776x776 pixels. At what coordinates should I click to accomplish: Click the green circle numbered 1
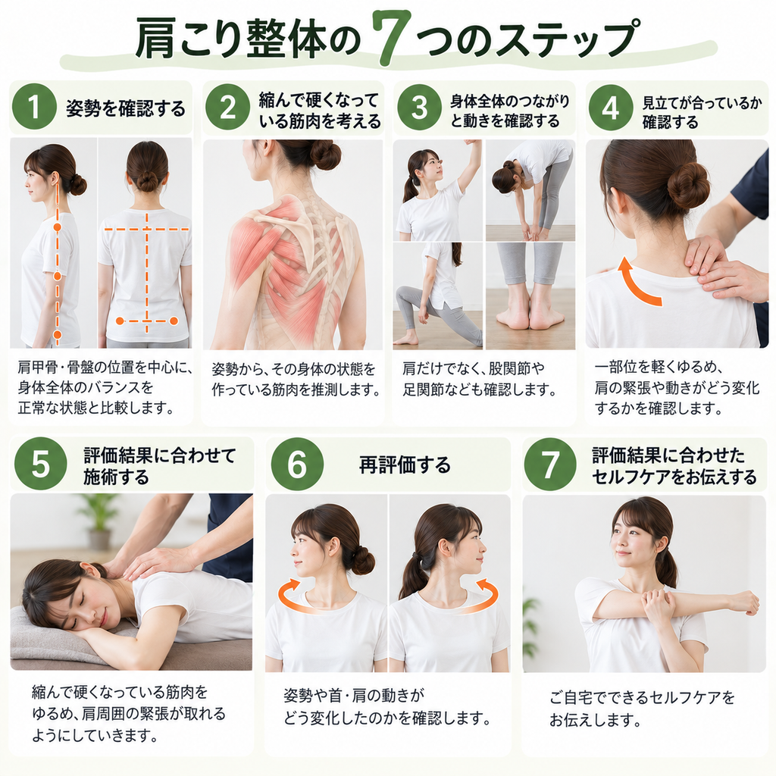click(34, 107)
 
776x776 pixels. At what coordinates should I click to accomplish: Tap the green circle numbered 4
click(610, 108)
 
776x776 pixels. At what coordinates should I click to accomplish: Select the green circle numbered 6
click(297, 465)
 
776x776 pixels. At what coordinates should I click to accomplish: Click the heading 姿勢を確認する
click(126, 108)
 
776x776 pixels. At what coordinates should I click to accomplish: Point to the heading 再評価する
click(405, 465)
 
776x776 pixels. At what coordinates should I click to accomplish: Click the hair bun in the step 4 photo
click(688, 185)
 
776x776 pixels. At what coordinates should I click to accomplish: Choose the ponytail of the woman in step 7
click(670, 564)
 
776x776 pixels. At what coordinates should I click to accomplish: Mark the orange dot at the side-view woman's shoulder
click(57, 227)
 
